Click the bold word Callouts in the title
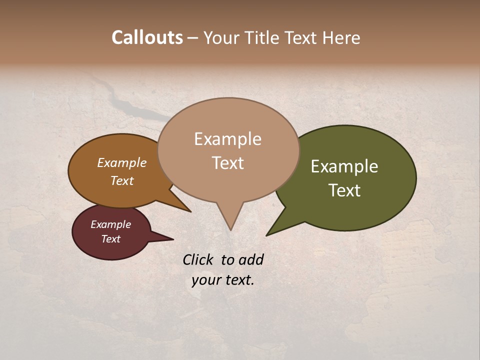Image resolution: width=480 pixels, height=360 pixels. coord(147,37)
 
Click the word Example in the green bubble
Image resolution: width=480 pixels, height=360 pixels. coord(344,166)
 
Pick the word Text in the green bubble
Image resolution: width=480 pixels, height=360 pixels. coord(344,190)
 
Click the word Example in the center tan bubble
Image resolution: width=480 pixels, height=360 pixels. coord(227,139)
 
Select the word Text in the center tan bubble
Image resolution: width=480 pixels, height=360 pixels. coord(227,163)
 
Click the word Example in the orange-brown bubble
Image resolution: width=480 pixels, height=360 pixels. coord(121,163)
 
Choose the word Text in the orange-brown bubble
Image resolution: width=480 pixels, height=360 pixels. coord(121,180)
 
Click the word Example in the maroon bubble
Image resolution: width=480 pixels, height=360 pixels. coord(110,224)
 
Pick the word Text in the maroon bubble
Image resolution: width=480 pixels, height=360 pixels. coord(110,239)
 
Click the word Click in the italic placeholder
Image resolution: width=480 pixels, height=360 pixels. coord(199,259)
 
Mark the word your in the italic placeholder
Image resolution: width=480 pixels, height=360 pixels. coord(206,280)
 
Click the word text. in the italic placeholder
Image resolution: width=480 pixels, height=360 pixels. coord(239,280)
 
